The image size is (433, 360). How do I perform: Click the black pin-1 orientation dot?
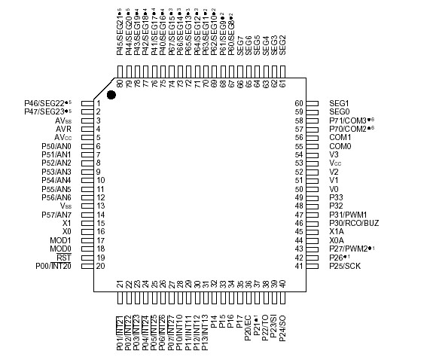click(x=111, y=94)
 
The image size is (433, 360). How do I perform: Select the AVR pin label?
click(x=63, y=129)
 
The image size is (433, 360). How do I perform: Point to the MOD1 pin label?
click(x=60, y=240)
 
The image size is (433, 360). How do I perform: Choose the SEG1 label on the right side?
click(x=340, y=103)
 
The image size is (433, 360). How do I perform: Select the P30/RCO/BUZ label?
click(x=354, y=223)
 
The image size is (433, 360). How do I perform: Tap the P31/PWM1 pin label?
click(x=347, y=215)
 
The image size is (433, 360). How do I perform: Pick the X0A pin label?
click(x=337, y=240)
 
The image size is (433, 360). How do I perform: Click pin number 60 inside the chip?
click(x=298, y=103)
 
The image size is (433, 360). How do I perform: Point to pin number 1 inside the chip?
click(x=99, y=103)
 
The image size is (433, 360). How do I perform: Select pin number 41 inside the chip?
click(x=298, y=266)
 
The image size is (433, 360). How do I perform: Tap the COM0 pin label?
click(x=340, y=146)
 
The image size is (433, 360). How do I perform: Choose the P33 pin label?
click(x=337, y=197)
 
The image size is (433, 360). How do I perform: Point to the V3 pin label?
click(x=334, y=154)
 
